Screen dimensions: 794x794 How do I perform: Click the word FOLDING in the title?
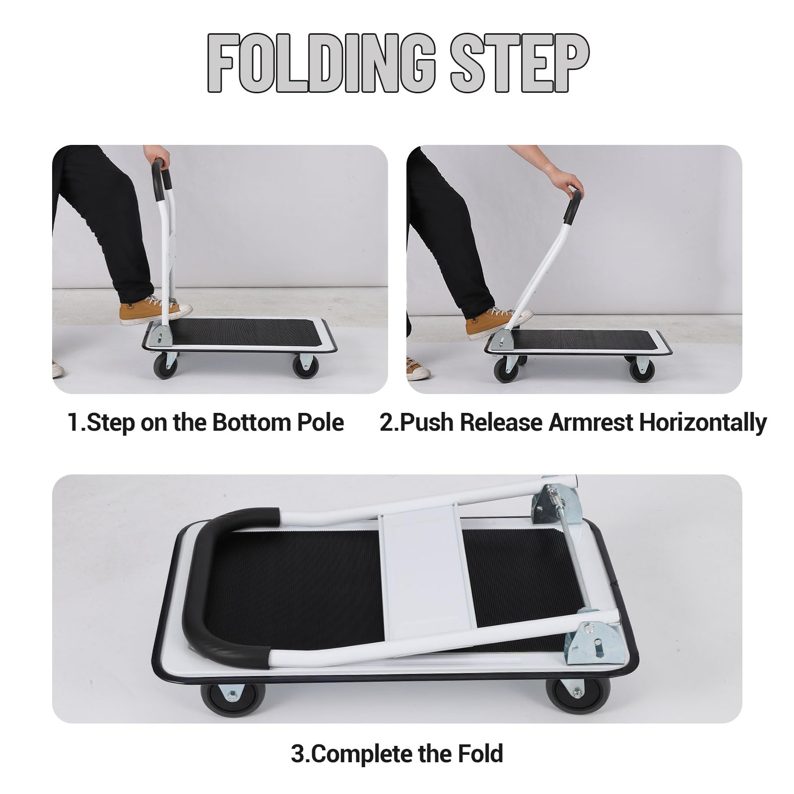(x=322, y=64)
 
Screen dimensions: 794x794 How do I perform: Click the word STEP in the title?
(x=520, y=64)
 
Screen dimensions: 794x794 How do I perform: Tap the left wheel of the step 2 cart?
(x=507, y=369)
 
